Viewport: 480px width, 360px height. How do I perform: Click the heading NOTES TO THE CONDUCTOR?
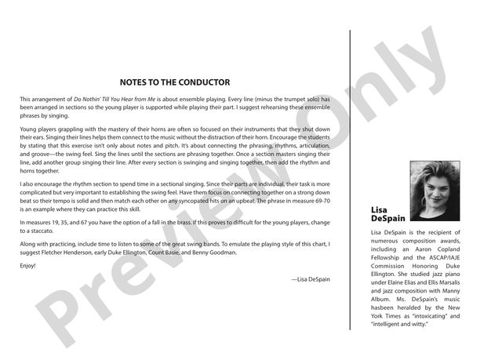click(x=175, y=82)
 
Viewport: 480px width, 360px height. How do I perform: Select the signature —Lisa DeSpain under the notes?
click(x=310, y=279)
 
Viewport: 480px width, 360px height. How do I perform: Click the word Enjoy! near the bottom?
click(x=28, y=266)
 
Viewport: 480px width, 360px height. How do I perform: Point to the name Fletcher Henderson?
click(x=69, y=253)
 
